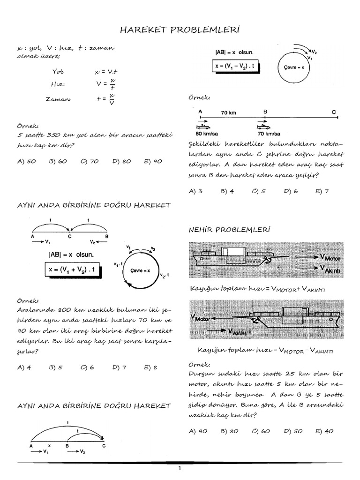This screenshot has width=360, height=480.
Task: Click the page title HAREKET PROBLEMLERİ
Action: [180, 30]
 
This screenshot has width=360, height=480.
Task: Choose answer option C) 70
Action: [89, 161]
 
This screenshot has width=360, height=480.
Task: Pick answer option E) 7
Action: [322, 191]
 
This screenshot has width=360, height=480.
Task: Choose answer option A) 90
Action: [197, 431]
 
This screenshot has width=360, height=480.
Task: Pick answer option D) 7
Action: [120, 367]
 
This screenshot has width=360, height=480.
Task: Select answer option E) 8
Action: [151, 367]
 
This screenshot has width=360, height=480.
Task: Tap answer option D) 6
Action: [291, 191]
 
